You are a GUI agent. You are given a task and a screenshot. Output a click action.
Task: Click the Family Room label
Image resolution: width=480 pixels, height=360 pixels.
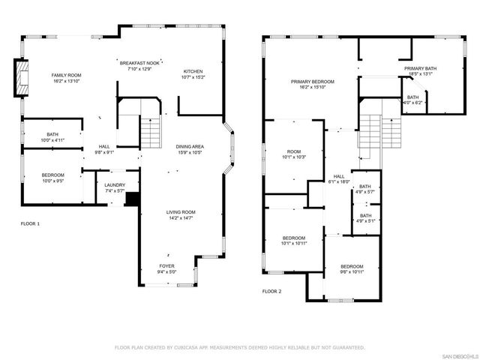pyautogui.click(x=66, y=76)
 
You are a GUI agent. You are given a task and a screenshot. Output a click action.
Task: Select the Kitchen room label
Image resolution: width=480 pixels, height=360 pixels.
pyautogui.click(x=193, y=73)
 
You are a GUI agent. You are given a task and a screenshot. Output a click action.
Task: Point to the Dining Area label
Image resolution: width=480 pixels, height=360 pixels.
pyautogui.click(x=189, y=148)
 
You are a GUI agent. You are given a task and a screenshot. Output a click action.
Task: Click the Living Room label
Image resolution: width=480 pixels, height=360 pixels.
pyautogui.click(x=180, y=214)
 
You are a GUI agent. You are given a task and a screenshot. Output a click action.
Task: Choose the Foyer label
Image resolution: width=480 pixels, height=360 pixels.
pyautogui.click(x=167, y=268)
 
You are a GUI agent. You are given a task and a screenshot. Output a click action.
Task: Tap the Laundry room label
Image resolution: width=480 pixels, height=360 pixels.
pyautogui.click(x=115, y=186)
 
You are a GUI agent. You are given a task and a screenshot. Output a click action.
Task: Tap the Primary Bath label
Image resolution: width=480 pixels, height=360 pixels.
pyautogui.click(x=420, y=69)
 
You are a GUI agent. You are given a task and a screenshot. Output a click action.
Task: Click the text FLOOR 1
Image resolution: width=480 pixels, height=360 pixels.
pyautogui.click(x=30, y=223)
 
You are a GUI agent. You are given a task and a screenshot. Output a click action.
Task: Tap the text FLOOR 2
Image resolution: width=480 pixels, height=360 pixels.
pyautogui.click(x=271, y=291)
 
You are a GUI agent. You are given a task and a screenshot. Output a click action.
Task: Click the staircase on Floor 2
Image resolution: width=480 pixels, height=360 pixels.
pyautogui.click(x=381, y=132)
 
